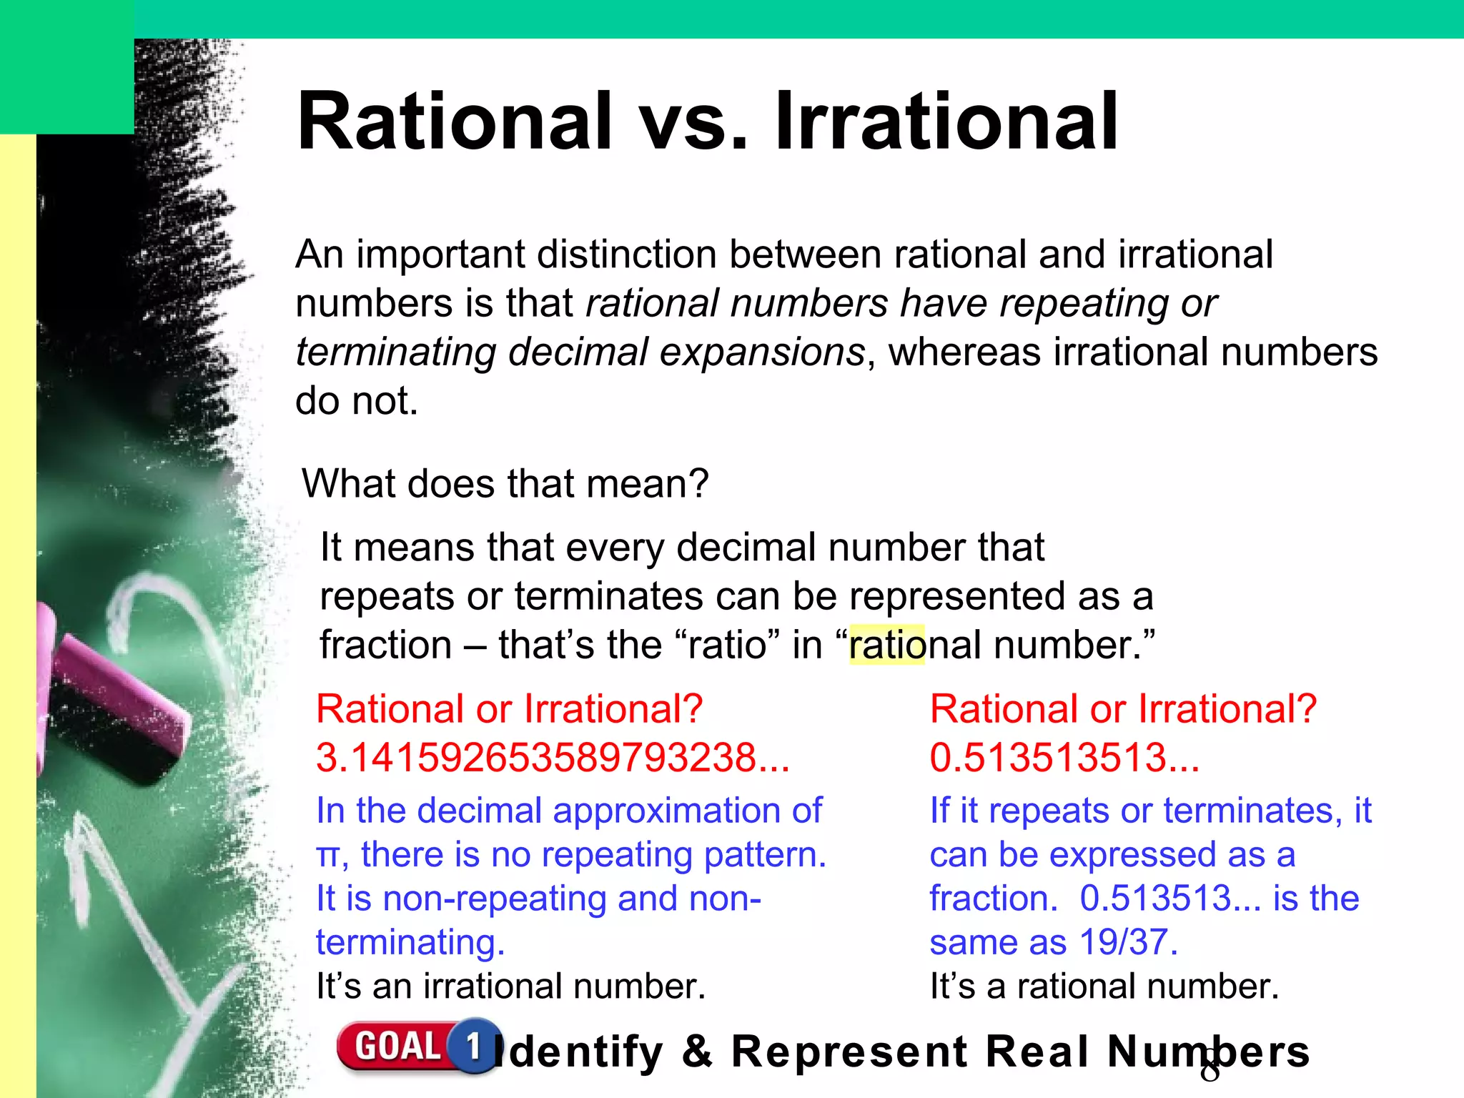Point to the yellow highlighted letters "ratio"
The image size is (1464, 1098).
[x=886, y=645]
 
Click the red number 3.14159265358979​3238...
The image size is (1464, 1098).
[x=552, y=758]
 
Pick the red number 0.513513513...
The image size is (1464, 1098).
[x=1064, y=758]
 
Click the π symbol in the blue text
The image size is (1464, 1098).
[x=327, y=856]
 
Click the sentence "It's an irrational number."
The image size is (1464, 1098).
[x=510, y=986]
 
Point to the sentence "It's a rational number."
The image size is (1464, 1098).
[x=1104, y=986]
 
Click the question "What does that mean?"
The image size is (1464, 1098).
[x=505, y=483]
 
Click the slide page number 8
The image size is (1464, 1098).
[x=1210, y=1071]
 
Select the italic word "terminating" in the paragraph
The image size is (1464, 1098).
[x=395, y=352]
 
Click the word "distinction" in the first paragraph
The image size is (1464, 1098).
[x=626, y=254]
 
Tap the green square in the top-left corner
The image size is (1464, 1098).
[x=66, y=66]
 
